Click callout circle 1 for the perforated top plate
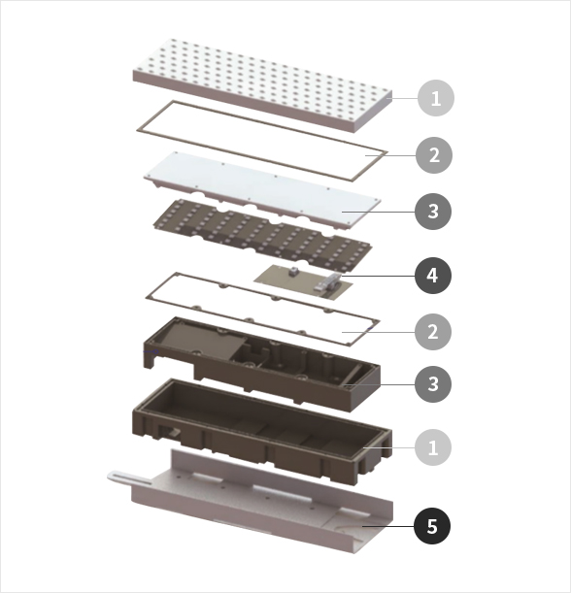click(436, 98)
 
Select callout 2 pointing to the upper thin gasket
click(434, 155)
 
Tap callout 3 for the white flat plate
click(433, 211)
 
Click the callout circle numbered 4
click(433, 276)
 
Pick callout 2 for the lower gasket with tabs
click(433, 332)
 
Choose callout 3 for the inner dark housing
click(433, 384)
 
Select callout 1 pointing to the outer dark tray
click(433, 447)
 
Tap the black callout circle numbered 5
click(432, 526)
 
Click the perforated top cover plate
click(262, 85)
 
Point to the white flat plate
click(262, 190)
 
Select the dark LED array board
click(262, 235)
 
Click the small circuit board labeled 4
click(303, 281)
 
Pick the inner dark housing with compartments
click(262, 364)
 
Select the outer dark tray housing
click(262, 431)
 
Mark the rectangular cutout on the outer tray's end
click(169, 432)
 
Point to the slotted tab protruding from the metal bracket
click(129, 478)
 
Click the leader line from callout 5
click(388, 526)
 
